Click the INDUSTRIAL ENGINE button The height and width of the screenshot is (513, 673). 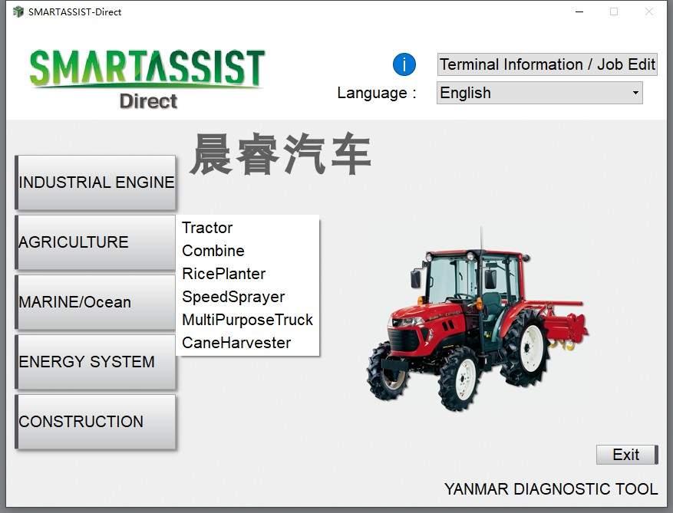tap(95, 183)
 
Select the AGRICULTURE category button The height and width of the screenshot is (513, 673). tap(95, 242)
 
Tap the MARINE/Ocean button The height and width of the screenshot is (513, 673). tap(95, 302)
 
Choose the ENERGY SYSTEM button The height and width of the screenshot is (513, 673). tap(95, 362)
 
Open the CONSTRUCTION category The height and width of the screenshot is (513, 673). tap(95, 422)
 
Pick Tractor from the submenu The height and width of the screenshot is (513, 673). tap(207, 228)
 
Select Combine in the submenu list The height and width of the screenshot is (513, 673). tap(213, 251)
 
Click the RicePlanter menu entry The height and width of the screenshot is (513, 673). tap(223, 274)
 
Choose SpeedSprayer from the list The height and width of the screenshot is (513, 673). tap(233, 297)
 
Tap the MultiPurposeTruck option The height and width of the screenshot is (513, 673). tap(248, 320)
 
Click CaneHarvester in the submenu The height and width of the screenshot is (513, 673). tap(236, 343)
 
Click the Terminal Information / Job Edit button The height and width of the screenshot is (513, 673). tap(547, 64)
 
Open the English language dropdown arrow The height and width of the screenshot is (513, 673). tap(635, 93)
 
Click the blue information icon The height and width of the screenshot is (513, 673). tap(404, 64)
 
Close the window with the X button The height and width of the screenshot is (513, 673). tap(649, 12)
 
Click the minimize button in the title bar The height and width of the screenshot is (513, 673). tap(579, 12)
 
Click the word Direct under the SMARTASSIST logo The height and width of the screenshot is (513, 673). tap(149, 101)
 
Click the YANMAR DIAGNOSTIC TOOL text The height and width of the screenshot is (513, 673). tap(551, 489)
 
